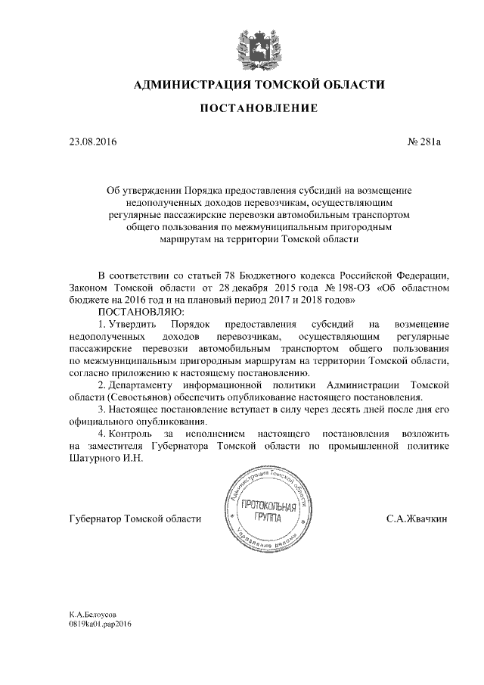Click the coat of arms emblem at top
coord(258,45)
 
